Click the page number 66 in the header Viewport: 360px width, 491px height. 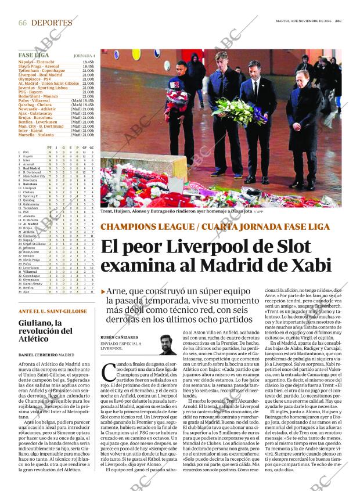23,23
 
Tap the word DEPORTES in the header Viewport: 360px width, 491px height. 52,23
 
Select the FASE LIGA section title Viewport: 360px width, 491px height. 34,55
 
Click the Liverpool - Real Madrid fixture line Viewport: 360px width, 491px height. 41,74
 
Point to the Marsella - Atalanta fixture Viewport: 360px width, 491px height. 39,135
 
